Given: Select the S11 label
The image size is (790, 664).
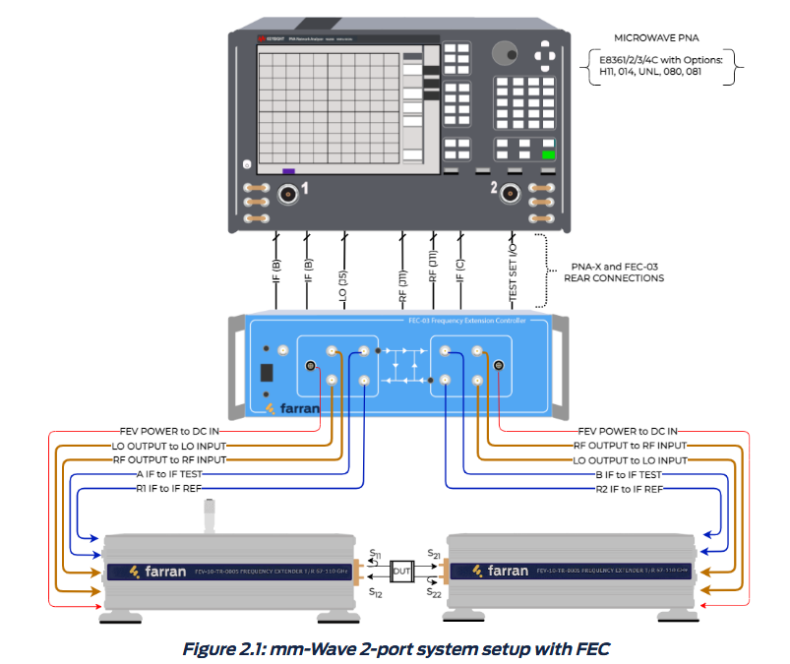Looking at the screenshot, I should tap(375, 556).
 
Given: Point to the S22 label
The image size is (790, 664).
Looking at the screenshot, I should tap(433, 592).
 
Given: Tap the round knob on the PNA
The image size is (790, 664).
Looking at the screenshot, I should tap(506, 53).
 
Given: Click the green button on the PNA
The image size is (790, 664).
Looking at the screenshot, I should tap(548, 154).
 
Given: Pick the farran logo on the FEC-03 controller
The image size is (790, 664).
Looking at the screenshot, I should tap(293, 405).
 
